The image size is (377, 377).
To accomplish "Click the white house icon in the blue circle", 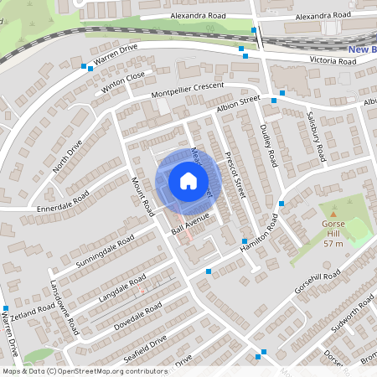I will pyautogui.click(x=188, y=180).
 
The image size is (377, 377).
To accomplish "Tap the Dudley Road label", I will pyautogui.click(x=268, y=142).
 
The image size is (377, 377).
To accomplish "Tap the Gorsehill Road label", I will pyautogui.click(x=318, y=285).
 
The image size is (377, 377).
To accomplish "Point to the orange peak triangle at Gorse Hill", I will pyautogui.click(x=333, y=214).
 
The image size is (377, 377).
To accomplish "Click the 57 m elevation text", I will pyautogui.click(x=333, y=244).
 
